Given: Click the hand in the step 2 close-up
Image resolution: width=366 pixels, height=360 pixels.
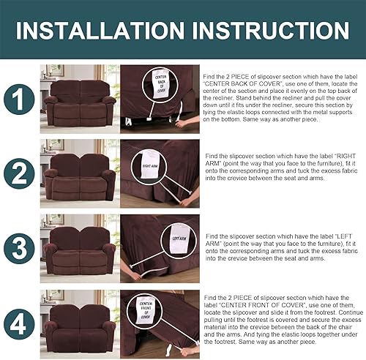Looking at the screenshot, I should pyautogui.click(x=189, y=199).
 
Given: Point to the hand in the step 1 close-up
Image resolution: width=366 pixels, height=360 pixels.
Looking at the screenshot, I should pyautogui.click(x=182, y=123).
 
